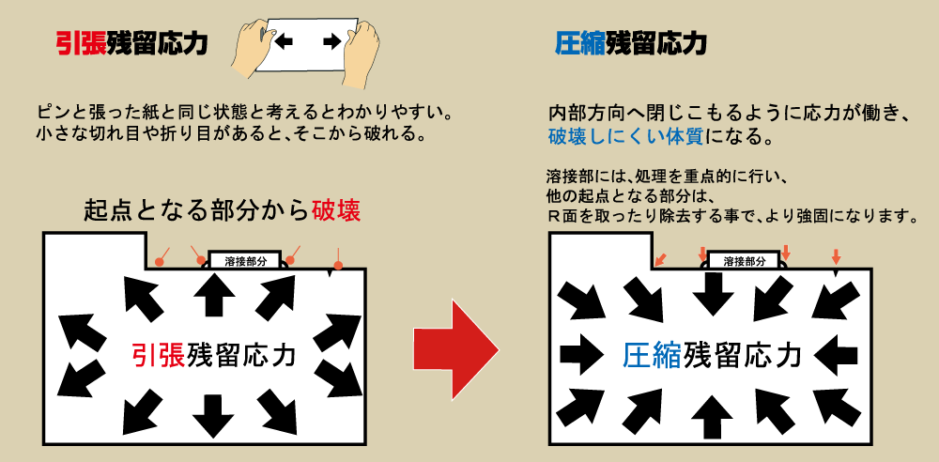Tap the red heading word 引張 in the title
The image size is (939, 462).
click(x=81, y=44)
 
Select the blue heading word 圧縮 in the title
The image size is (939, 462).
click(x=580, y=43)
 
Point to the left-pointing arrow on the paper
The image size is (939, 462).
click(x=284, y=41)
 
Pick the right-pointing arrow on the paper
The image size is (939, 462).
click(x=331, y=41)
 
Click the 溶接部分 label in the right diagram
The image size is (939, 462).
click(x=745, y=261)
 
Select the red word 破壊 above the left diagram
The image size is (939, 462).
click(x=336, y=210)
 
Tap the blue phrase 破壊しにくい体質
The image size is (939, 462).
click(x=626, y=137)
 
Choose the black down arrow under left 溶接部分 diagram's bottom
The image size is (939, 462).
click(x=212, y=416)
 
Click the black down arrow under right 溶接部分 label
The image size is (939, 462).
click(x=713, y=295)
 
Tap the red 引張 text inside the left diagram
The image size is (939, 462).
click(x=158, y=354)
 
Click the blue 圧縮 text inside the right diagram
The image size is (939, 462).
click(x=653, y=355)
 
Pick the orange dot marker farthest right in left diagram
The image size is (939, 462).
click(x=338, y=265)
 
